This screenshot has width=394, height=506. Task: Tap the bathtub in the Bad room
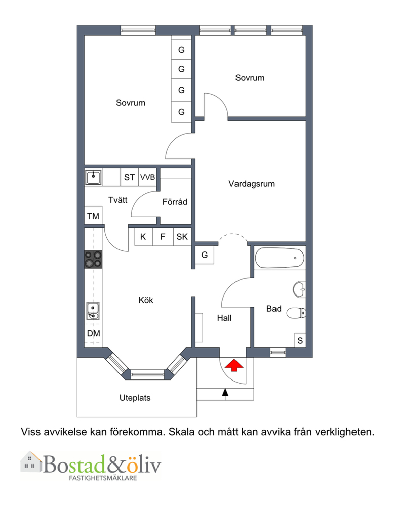pos(280,258)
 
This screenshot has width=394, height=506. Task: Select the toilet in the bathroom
pos(296,313)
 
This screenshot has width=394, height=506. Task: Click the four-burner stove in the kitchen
pos(93,260)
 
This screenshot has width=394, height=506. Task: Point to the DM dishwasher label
pos(93,333)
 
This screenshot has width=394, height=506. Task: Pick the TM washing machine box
pos(93,215)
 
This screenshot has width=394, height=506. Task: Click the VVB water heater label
pos(147,177)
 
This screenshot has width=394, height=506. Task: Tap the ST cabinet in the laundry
pos(130,177)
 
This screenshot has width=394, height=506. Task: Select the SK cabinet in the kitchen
pos(182,237)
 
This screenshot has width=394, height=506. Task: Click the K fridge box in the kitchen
pos(143,237)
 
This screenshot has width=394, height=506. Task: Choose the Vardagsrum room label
pos(252,184)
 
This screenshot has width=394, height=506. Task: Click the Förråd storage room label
pos(175,202)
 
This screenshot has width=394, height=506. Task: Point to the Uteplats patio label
pos(135,398)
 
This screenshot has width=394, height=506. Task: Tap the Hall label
pos(224,318)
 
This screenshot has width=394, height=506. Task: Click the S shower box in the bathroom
pos(300,340)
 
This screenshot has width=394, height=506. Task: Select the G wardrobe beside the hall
pos(205,255)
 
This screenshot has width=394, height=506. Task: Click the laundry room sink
pos(94,177)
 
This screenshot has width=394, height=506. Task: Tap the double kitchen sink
pos(93,311)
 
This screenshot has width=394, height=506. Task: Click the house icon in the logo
pos(31,462)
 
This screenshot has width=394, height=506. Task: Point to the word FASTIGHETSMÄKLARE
pos(103,478)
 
